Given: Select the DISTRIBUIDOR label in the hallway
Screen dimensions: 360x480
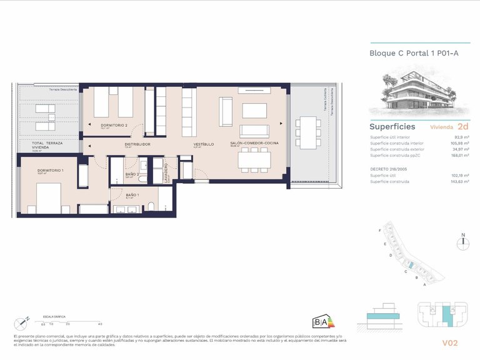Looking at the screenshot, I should click(137, 144).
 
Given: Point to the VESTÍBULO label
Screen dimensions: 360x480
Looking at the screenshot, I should click(203, 144).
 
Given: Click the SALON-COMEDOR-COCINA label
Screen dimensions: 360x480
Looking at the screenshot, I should click(254, 144).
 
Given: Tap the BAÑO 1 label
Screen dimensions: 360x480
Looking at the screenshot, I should click(132, 195).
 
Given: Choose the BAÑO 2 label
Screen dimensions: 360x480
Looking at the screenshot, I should click(132, 174).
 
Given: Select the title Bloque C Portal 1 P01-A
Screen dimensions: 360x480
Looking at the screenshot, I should click(414, 53).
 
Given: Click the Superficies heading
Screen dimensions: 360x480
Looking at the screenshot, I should click(392, 127).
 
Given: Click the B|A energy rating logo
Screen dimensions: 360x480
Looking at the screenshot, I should click(320, 322).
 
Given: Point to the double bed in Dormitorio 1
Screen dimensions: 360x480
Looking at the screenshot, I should click(44, 199).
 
